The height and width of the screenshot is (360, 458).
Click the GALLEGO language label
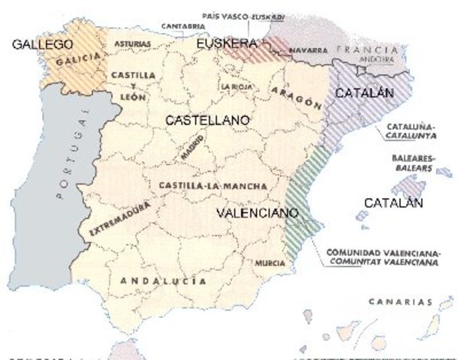(x=43, y=45)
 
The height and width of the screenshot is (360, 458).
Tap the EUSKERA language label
(x=227, y=45)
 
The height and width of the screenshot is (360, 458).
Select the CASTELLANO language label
(x=207, y=119)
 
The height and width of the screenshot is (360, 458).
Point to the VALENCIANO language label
(x=258, y=213)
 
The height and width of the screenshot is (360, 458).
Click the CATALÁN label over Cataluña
(x=364, y=94)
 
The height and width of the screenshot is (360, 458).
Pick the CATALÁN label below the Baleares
(x=393, y=203)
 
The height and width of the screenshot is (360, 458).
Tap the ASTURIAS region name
(x=132, y=44)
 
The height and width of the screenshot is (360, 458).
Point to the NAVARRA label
(x=306, y=50)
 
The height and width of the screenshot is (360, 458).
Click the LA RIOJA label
(x=235, y=87)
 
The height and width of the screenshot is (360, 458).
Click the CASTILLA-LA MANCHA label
(x=203, y=184)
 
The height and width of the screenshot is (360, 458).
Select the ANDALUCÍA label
(x=158, y=281)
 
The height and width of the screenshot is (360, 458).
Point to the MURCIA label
(x=270, y=264)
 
